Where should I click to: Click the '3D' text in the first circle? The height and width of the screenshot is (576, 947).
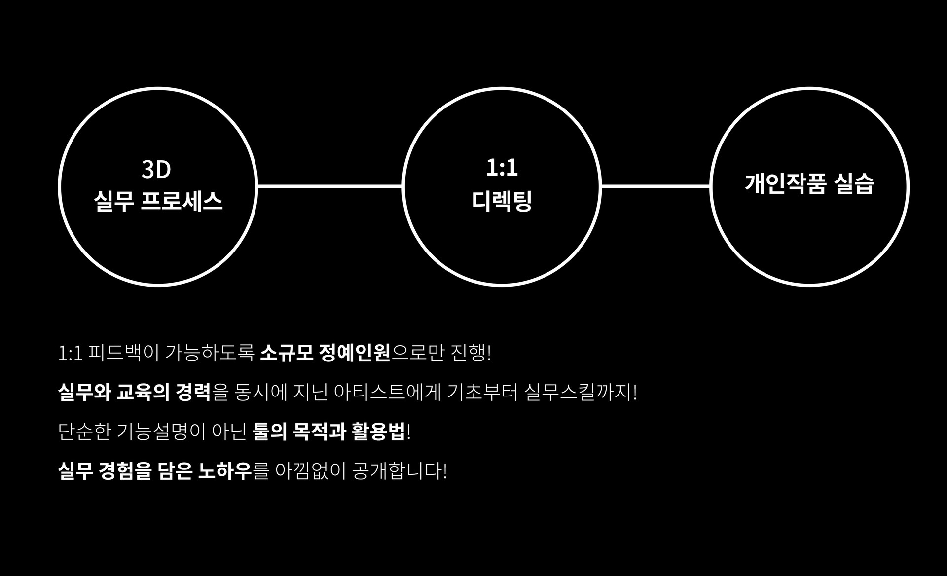[156, 169]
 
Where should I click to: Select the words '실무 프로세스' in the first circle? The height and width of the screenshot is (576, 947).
[158, 201]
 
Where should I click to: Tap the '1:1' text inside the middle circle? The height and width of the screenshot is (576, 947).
[502, 168]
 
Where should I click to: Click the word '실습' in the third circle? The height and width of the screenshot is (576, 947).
[854, 183]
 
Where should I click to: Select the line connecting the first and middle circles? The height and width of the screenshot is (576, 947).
[329, 186]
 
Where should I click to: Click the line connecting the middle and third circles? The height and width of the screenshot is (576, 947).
[655, 186]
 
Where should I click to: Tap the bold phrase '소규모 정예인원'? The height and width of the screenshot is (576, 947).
[325, 353]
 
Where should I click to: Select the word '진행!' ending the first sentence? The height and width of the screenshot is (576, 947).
[471, 353]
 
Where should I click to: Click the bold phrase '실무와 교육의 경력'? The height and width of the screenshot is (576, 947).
[134, 393]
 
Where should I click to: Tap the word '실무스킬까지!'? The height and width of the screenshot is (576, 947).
[581, 393]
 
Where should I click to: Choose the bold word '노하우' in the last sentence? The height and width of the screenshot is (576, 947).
[225, 471]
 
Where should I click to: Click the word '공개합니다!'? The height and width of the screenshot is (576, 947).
[400, 471]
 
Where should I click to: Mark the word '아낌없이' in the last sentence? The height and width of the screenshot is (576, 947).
[311, 471]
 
